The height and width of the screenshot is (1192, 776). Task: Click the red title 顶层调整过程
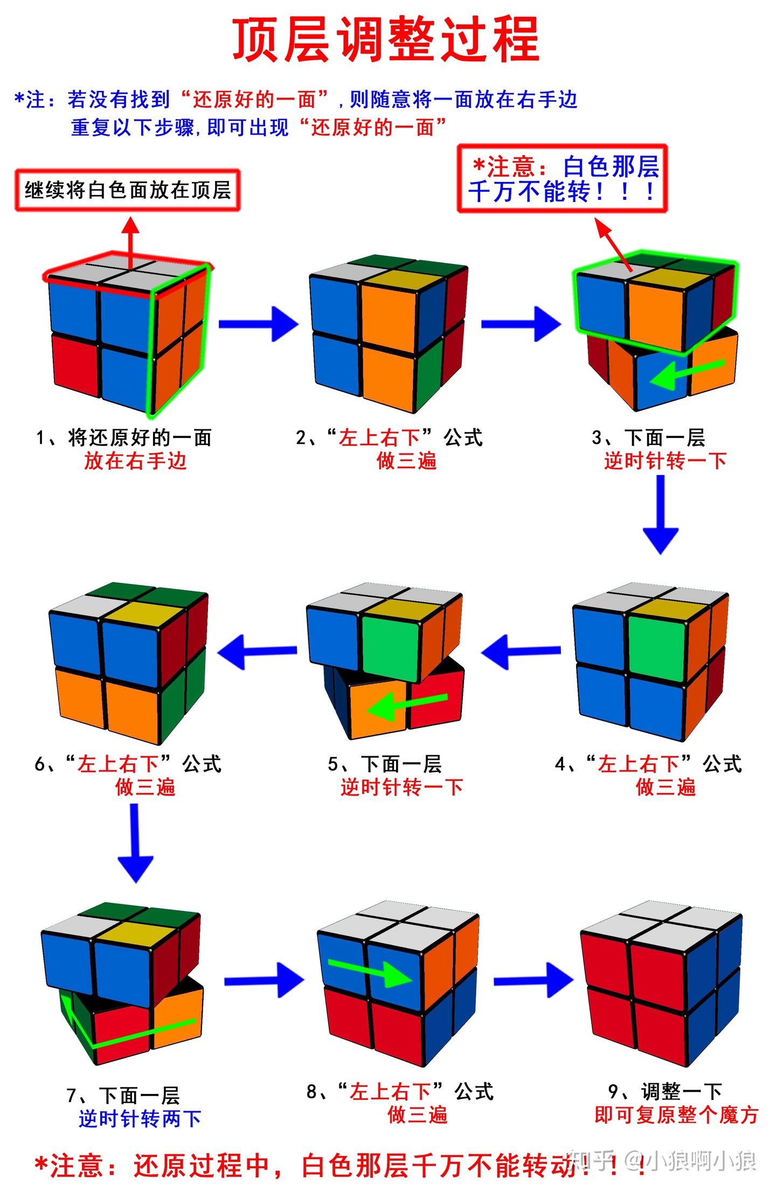pyautogui.click(x=386, y=39)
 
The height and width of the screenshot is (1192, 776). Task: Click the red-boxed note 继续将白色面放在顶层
pyautogui.click(x=128, y=190)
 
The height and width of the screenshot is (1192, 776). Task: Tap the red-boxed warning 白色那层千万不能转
pyautogui.click(x=562, y=179)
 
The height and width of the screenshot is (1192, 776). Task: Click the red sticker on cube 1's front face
pyautogui.click(x=75, y=364)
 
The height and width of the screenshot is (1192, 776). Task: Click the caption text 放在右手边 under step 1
pyautogui.click(x=135, y=461)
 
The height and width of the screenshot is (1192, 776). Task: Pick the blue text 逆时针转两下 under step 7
pyautogui.click(x=140, y=1119)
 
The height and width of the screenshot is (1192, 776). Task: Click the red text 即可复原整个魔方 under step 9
pyautogui.click(x=676, y=1114)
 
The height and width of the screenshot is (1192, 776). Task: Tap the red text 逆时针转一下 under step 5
pyautogui.click(x=401, y=787)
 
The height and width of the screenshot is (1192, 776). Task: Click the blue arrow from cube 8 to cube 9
pyautogui.click(x=533, y=980)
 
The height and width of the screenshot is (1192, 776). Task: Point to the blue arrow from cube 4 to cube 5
pyautogui.click(x=520, y=651)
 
